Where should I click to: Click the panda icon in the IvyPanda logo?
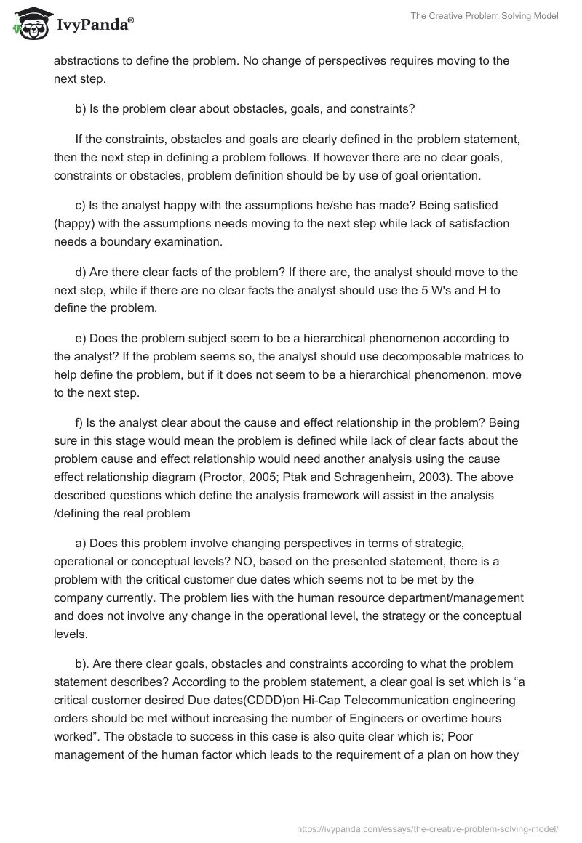(x=28, y=25)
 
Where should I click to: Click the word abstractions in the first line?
(x=89, y=60)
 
